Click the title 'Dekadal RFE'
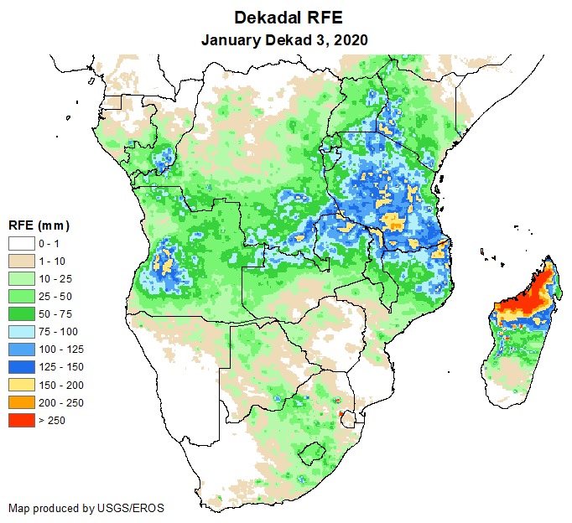click(285, 18)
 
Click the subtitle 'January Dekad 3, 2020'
click(285, 39)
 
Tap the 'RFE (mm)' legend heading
click(39, 225)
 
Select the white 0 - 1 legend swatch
click(23, 243)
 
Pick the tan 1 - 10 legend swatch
click(23, 261)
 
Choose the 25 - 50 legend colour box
click(23, 296)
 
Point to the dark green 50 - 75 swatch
click(23, 313)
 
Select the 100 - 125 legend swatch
click(23, 349)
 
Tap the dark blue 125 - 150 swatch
click(23, 366)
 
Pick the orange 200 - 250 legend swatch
click(23, 402)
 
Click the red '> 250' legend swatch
click(23, 420)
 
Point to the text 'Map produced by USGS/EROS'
click(86, 508)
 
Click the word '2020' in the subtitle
click(351, 39)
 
